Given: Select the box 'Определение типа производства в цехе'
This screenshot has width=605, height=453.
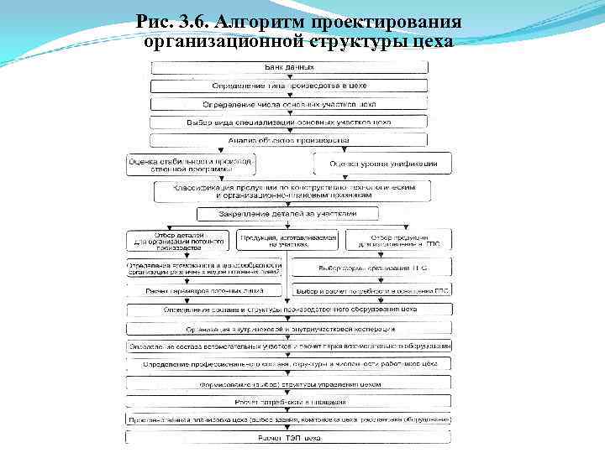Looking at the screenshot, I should (x=289, y=86).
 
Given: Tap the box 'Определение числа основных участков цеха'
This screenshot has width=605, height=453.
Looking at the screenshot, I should (x=289, y=104).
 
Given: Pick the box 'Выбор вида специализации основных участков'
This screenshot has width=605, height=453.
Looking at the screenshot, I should (x=289, y=122).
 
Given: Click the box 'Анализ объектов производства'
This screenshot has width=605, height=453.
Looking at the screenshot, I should (x=289, y=140).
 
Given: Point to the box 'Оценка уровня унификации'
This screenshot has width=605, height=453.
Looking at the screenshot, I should (x=383, y=163).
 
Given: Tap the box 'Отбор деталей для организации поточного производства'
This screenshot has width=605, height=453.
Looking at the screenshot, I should (x=176, y=241).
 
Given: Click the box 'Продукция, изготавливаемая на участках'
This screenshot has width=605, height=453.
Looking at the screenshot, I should (x=288, y=241).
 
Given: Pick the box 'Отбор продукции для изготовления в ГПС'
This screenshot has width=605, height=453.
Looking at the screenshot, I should (x=399, y=241).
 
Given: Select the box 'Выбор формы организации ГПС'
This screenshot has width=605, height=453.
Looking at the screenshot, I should (x=371, y=268).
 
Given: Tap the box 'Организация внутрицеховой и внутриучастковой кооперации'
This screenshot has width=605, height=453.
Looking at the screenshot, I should (x=289, y=328).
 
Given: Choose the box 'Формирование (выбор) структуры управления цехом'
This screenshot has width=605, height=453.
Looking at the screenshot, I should (x=289, y=383).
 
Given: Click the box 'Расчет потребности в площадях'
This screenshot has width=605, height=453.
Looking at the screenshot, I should (x=289, y=402).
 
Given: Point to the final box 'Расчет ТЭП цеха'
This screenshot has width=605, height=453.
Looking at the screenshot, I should (x=289, y=437).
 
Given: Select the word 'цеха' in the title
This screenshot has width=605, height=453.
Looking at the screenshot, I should (x=428, y=41).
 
